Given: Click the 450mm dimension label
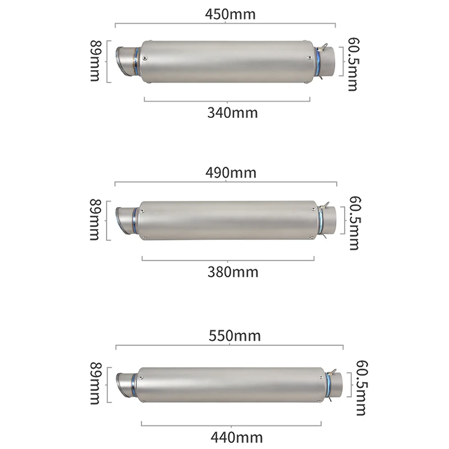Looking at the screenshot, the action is [x=230, y=14].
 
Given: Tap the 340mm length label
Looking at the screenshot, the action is [x=232, y=113].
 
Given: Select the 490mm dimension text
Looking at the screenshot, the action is [x=231, y=173].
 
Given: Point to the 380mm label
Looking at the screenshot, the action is [x=233, y=272].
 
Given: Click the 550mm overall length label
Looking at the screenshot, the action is [x=235, y=336].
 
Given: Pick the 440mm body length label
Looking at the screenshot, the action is [x=236, y=437].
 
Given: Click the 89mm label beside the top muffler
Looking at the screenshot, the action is [x=95, y=61].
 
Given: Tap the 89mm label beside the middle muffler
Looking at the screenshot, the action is [x=95, y=220].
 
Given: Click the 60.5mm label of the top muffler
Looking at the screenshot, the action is [x=353, y=65].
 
